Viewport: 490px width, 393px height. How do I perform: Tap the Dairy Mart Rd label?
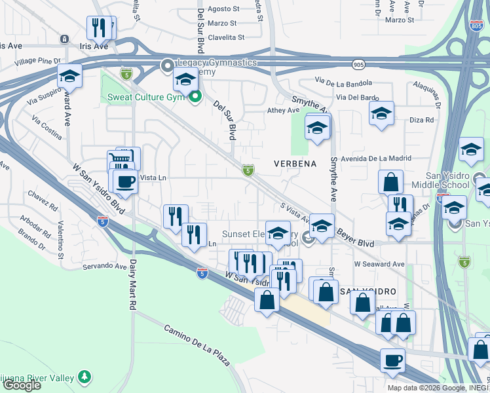tap(132, 283)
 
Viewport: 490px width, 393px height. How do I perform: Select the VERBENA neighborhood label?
tap(295, 164)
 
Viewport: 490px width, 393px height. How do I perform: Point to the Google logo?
tap(22, 385)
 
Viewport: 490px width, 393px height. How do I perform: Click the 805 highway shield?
tap(476, 25)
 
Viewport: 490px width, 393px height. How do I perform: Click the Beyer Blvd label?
tap(356, 236)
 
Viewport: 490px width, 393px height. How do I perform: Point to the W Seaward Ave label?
tap(377, 263)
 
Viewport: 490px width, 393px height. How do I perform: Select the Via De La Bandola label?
tap(343, 83)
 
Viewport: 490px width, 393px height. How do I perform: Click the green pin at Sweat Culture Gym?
tap(195, 98)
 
